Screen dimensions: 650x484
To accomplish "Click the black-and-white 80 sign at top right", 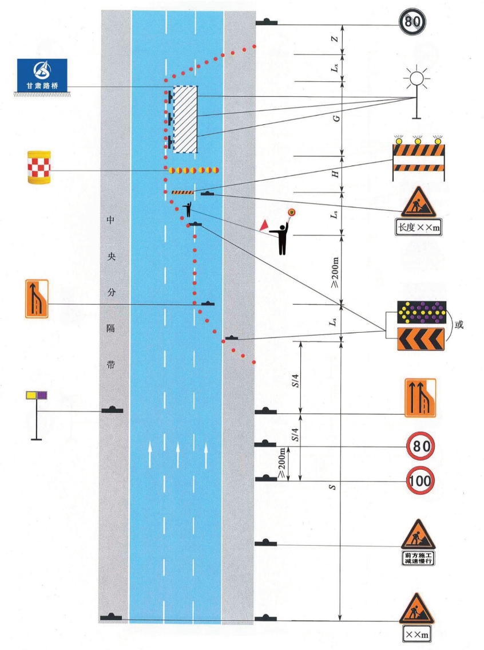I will click(x=414, y=25).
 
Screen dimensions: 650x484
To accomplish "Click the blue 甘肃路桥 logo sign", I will click(x=42, y=75).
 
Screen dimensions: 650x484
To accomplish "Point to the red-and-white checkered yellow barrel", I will click(x=39, y=168).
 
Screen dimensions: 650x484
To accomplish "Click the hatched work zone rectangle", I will click(x=185, y=119).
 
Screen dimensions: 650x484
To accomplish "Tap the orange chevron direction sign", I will click(x=421, y=340).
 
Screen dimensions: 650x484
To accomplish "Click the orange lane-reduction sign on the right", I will click(x=420, y=397).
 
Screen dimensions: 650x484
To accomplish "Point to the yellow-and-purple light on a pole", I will click(x=37, y=396).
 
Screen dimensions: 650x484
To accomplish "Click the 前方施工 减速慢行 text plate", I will click(x=418, y=558).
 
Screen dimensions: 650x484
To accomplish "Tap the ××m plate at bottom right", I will click(x=418, y=634).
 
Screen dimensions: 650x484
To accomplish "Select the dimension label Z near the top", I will click(x=337, y=40).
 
